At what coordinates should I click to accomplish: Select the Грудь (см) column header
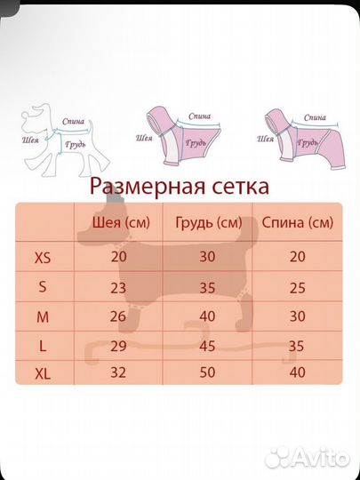coord(208,222)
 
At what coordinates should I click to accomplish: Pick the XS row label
coord(43,258)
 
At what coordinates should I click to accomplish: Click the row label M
coord(43,316)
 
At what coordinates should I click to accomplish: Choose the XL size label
coord(43,374)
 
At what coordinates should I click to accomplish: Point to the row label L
coord(43,345)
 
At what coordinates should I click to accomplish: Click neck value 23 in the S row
coord(119,287)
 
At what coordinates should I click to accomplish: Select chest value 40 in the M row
coord(207,316)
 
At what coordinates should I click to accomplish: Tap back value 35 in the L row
coord(298,345)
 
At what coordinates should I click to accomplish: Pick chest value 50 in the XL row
coord(207,374)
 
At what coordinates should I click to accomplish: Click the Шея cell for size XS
coord(119,258)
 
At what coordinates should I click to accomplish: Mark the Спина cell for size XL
coord(298,374)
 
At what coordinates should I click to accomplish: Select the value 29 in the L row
coord(119,345)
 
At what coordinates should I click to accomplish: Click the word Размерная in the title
coord(149,188)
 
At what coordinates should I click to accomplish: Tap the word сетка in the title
coord(239,187)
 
